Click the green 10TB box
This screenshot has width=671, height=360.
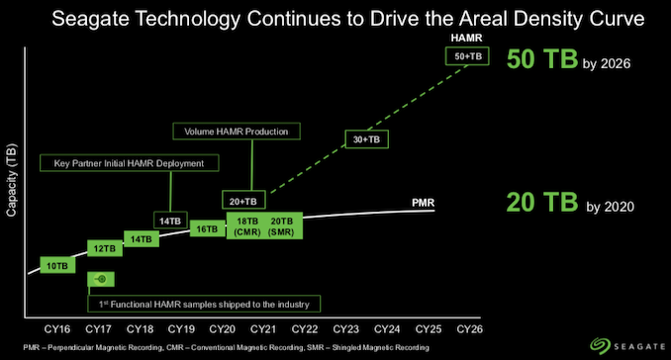pos(57,264)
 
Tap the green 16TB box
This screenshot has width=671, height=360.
pos(207,228)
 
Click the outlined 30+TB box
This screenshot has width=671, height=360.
pos(365,139)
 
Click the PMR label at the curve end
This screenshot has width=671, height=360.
pos(423,204)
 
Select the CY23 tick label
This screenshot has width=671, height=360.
pos(345,328)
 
